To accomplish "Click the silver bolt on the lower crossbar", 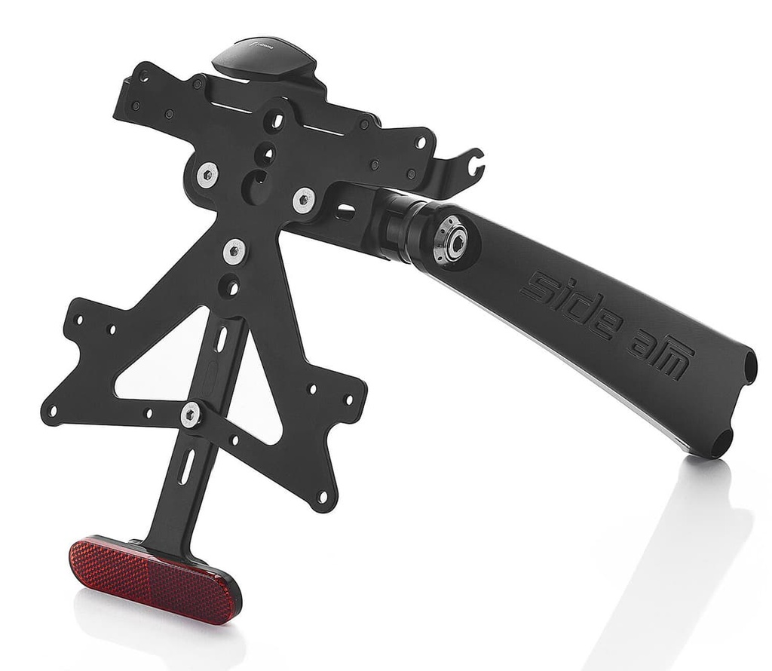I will pos(190,412).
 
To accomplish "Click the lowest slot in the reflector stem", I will pos(185,466).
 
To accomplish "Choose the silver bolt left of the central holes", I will pos(207,175).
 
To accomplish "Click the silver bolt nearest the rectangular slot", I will pos(304,200).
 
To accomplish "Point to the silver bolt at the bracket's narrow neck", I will pos(234,250).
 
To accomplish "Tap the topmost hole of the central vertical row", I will pos(276,120).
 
